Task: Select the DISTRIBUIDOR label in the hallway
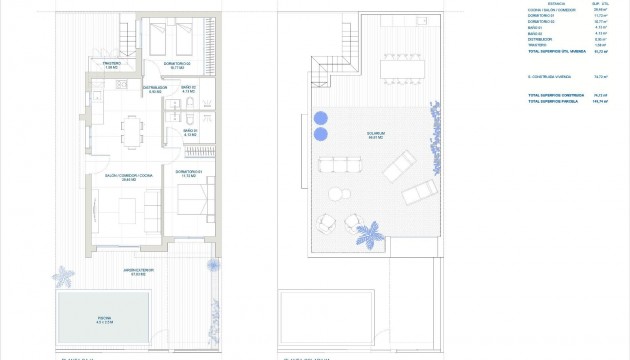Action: click(x=154, y=89)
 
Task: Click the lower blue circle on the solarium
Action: click(x=320, y=133)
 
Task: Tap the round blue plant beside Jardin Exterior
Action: click(x=212, y=265)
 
